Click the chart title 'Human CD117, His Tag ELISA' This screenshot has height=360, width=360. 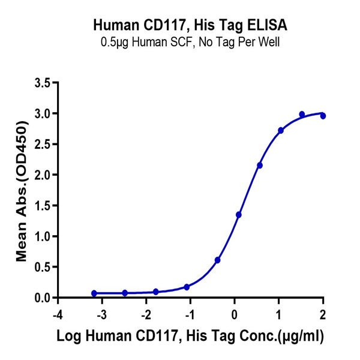[x=190, y=25]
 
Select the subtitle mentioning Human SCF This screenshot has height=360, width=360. [x=190, y=43]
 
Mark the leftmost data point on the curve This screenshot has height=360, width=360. [x=94, y=293]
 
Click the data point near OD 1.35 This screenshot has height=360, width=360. [x=239, y=215]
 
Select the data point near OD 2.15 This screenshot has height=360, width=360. [x=260, y=166]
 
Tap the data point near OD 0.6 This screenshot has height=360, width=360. [x=218, y=260]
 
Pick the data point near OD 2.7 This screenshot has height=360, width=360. [x=281, y=130]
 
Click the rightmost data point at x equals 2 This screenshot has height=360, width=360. [x=323, y=116]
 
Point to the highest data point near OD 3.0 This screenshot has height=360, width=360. [x=302, y=114]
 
